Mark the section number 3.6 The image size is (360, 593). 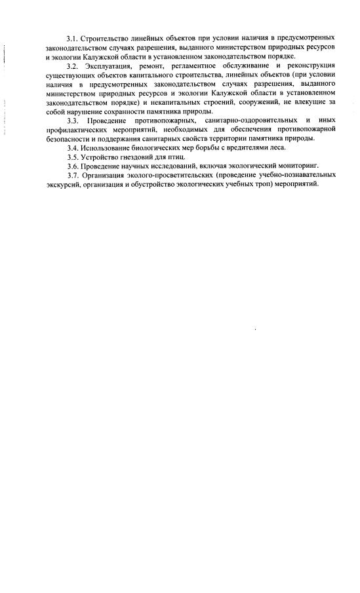pyautogui.click(x=72, y=166)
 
